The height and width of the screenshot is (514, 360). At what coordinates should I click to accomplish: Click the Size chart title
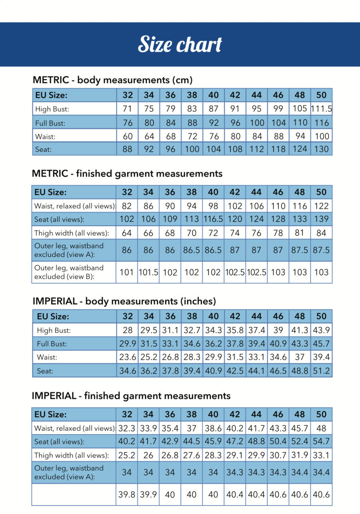pyautogui.click(x=180, y=44)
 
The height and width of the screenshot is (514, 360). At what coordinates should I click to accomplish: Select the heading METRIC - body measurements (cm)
pyautogui.click(x=112, y=80)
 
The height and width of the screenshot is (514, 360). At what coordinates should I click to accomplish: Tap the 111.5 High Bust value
pyautogui.click(x=322, y=109)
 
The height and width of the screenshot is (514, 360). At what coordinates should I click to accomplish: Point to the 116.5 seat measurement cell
pyautogui.click(x=213, y=219)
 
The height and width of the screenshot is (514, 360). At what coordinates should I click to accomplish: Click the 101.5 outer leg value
pyautogui.click(x=148, y=272)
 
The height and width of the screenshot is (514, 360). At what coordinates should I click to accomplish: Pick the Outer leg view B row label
pyautogui.click(x=69, y=272)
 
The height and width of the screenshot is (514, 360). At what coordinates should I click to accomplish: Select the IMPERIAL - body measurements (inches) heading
pyautogui.click(x=124, y=301)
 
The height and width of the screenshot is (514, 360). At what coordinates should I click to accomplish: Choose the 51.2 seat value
pyautogui.click(x=322, y=371)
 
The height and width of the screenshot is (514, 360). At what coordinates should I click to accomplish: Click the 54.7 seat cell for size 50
pyautogui.click(x=322, y=442)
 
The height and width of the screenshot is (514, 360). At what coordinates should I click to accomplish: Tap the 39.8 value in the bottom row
pyautogui.click(x=127, y=494)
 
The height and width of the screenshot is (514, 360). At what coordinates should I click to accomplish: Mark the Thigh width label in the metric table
pyautogui.click(x=71, y=233)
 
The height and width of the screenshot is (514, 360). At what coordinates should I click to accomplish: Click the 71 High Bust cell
pyautogui.click(x=128, y=109)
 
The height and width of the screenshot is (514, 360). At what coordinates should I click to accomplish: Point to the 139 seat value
pyautogui.click(x=322, y=219)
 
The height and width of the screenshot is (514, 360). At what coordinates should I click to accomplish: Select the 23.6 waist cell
pyautogui.click(x=128, y=357)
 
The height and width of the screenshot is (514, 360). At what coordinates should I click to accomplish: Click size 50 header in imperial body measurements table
pyautogui.click(x=322, y=316)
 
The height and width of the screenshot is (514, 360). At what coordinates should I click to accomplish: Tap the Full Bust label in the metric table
pyautogui.click(x=50, y=123)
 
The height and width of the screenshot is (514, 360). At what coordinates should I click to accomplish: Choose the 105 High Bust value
pyautogui.click(x=300, y=109)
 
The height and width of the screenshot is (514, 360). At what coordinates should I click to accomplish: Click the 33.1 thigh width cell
pyautogui.click(x=322, y=455)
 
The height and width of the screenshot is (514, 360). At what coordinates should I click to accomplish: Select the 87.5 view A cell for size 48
pyautogui.click(x=300, y=250)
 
